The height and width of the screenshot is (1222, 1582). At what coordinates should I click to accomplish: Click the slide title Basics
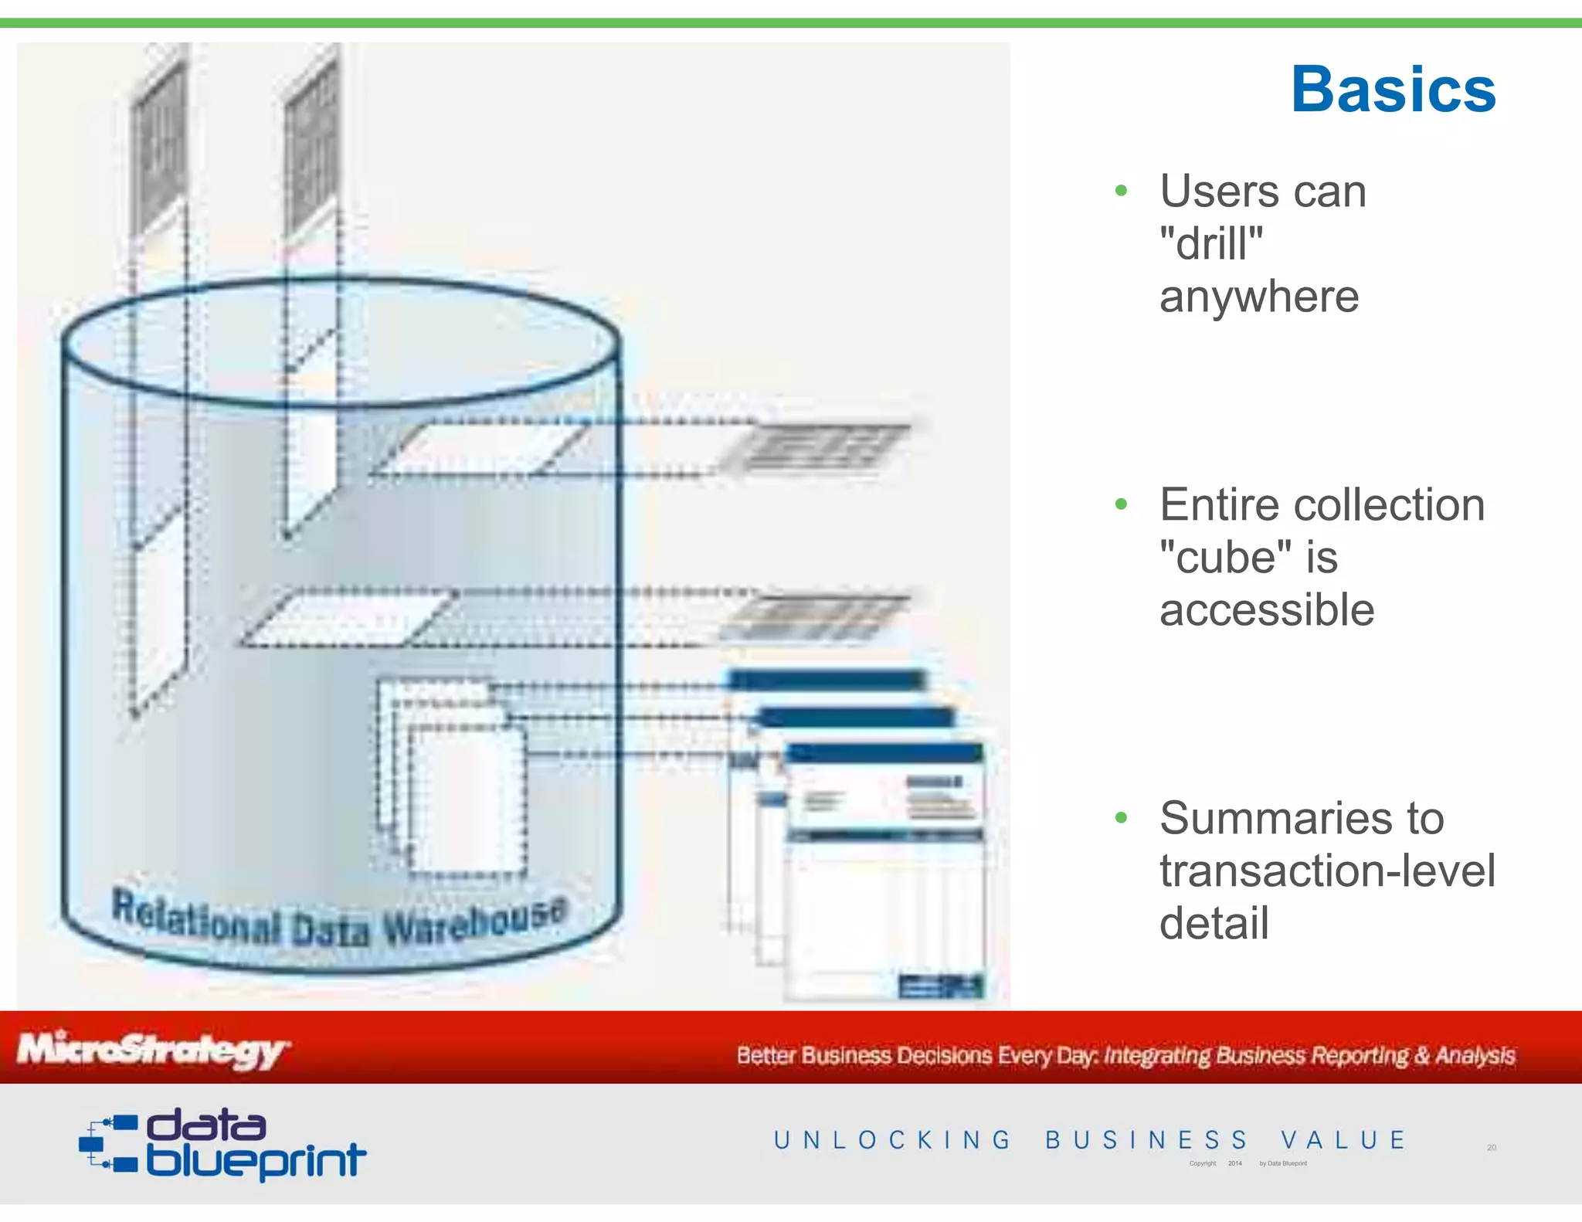(1393, 90)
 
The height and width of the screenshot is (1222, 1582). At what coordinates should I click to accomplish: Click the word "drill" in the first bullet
(1211, 244)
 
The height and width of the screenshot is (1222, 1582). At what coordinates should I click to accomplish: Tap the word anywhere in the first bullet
(1258, 297)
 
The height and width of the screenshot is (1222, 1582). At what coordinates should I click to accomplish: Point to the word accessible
(1267, 610)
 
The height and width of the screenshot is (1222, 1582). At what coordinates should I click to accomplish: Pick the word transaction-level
(1327, 871)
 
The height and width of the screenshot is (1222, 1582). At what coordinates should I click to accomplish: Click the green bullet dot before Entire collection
(1121, 505)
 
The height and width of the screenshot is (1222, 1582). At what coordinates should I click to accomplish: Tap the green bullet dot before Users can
(1121, 191)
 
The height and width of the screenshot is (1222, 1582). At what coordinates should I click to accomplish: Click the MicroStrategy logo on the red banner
(153, 1051)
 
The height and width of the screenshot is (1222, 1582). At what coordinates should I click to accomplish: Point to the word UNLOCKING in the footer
(892, 1140)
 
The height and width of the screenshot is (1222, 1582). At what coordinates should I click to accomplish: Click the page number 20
(1491, 1148)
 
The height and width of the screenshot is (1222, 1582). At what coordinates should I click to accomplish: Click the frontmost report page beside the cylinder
(884, 873)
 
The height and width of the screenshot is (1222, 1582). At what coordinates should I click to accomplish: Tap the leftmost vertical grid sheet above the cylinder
(158, 147)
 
